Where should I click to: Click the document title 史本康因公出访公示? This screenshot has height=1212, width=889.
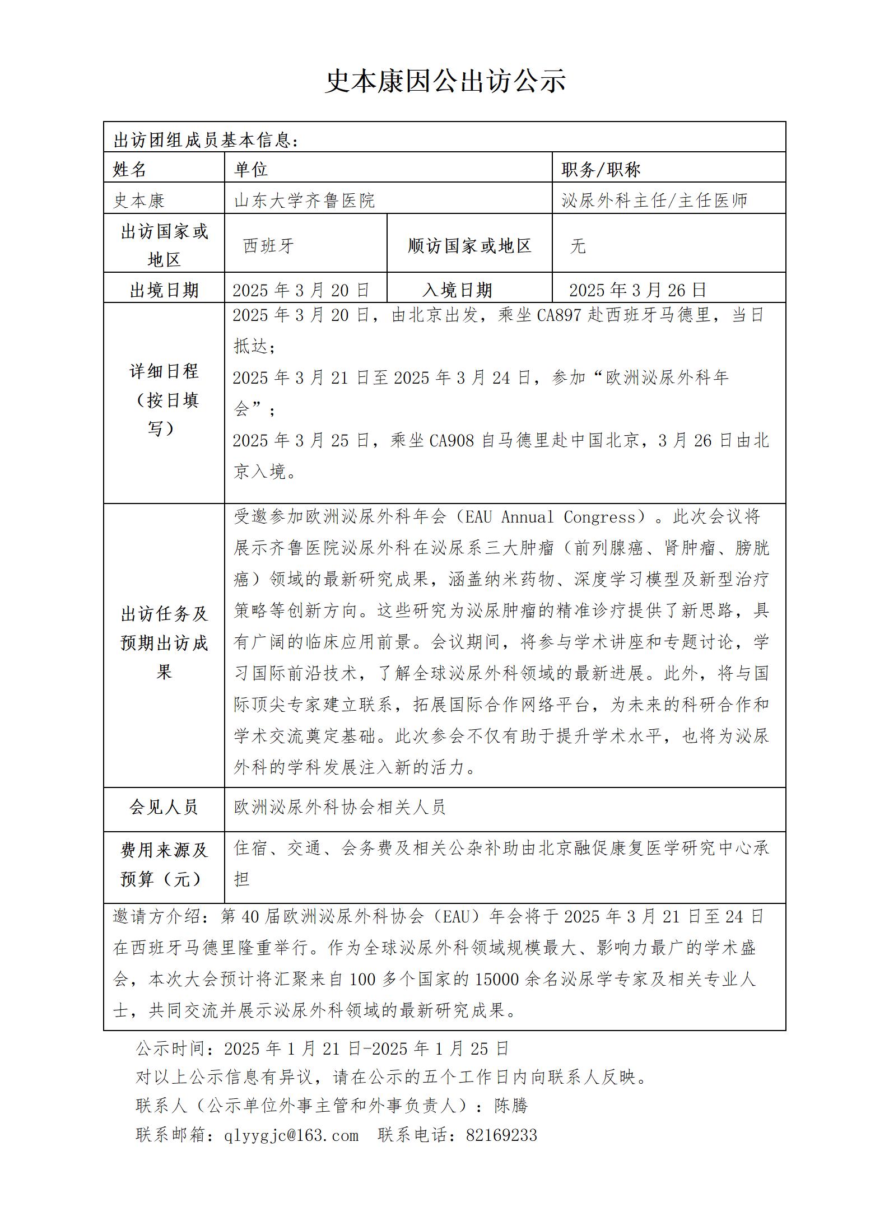[x=445, y=81]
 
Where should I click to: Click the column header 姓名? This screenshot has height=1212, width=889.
[x=129, y=169]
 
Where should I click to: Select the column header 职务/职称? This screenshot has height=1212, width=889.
[x=601, y=169]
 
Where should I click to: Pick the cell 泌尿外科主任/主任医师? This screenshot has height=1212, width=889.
[x=654, y=200]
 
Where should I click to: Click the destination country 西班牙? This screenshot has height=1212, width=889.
[x=269, y=245]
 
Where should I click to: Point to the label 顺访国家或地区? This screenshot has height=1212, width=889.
[x=469, y=245]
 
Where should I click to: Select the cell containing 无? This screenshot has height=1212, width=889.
[x=578, y=245]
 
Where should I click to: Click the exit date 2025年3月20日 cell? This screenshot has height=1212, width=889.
[x=301, y=290]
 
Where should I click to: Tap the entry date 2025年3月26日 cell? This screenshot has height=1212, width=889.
[x=637, y=290]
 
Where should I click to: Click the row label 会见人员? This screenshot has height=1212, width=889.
[x=164, y=807]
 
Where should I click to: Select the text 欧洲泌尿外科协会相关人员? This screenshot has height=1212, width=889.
[x=339, y=807]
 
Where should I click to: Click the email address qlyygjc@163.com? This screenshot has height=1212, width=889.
[x=291, y=1135]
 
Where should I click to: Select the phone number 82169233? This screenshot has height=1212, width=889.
[x=501, y=1135]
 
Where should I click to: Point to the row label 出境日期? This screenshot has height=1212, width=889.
[x=164, y=290]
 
